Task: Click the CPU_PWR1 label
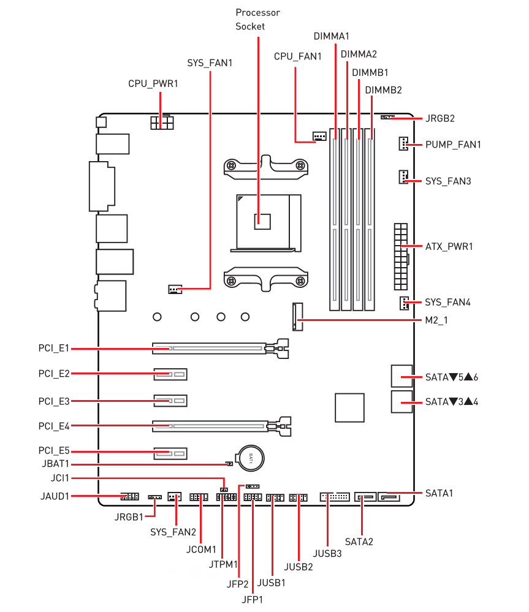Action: pos(153,83)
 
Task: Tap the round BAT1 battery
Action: pos(251,457)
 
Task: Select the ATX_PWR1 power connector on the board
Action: pos(401,256)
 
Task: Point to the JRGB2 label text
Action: pos(440,118)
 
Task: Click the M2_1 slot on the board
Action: pos(298,317)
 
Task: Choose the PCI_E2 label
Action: pos(54,373)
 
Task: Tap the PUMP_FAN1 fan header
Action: pos(402,145)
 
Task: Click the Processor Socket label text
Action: pos(257,20)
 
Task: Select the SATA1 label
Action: pos(440,493)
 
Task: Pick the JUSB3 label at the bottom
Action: pos(327,554)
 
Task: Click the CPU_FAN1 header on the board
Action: pos(318,135)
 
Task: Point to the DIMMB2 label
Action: pos(383,90)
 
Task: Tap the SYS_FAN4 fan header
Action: pos(403,303)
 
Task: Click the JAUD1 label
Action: pos(53,496)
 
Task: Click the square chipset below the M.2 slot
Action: pos(350,407)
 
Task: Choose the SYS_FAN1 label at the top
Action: pos(210,62)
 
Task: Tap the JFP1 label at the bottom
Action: pos(252,599)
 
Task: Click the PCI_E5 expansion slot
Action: pos(170,454)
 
